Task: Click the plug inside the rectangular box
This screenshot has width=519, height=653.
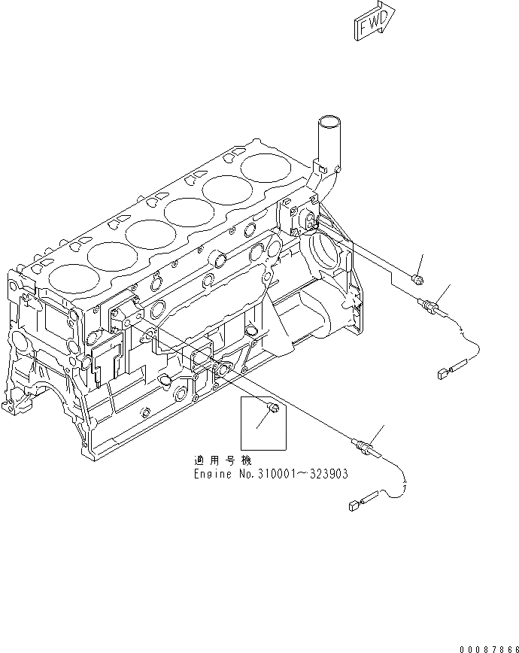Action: pos(275,408)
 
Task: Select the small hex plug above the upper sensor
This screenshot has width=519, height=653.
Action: pos(418,280)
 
